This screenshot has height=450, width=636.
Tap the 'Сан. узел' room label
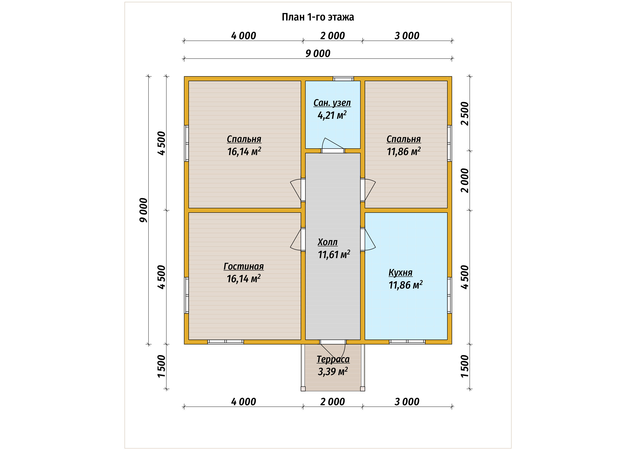332,103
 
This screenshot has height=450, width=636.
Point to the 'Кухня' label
400,273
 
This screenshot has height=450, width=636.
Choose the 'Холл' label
328,242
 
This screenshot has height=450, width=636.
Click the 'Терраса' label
333,359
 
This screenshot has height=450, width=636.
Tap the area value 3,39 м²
333,371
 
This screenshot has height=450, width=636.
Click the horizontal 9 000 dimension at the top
318,54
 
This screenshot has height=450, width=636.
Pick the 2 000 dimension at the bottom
332,402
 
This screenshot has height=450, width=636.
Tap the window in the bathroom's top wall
343,79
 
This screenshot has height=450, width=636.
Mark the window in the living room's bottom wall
226,342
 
